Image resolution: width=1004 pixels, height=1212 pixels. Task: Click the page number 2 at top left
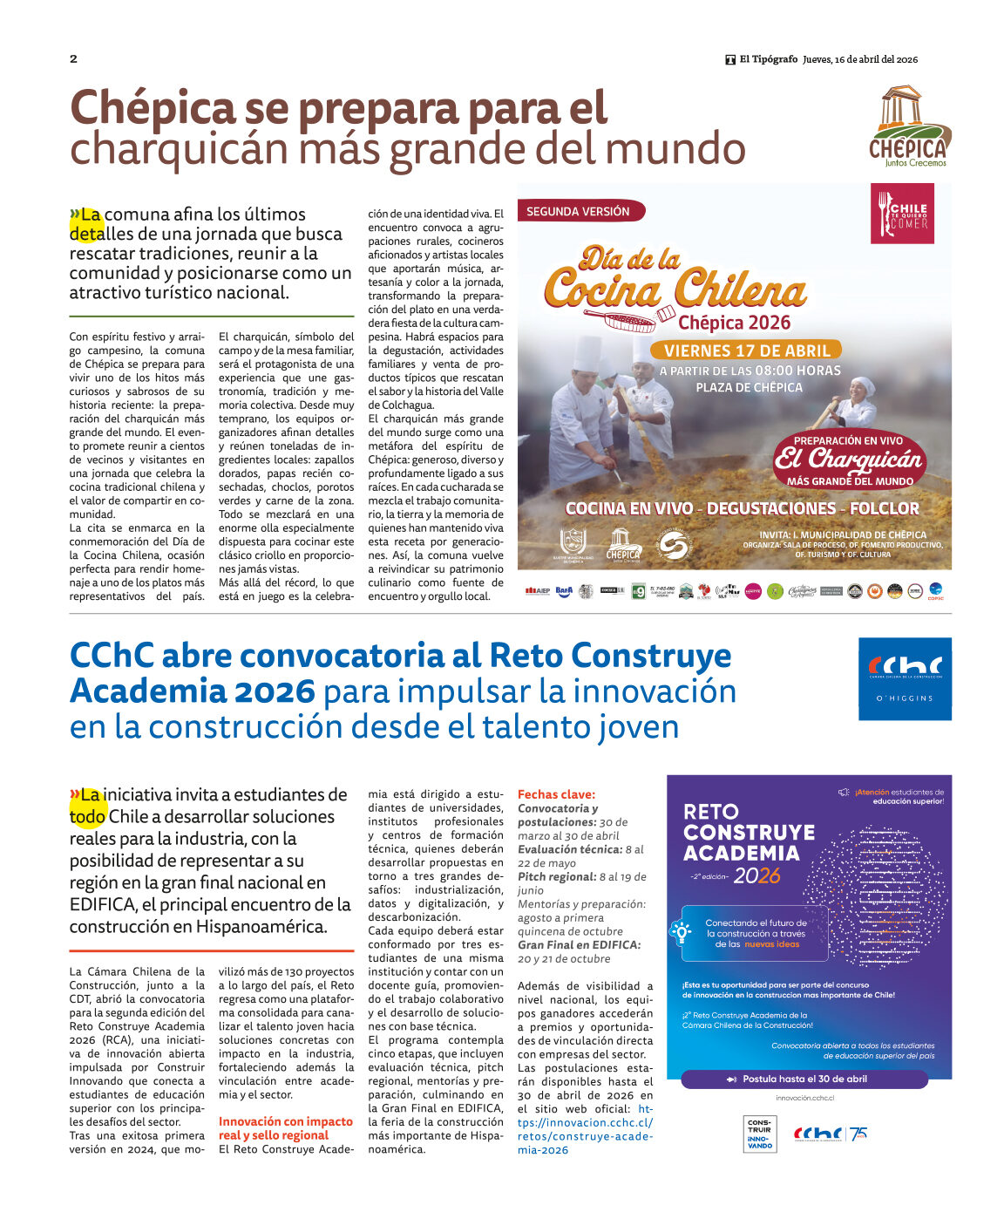pyautogui.click(x=74, y=59)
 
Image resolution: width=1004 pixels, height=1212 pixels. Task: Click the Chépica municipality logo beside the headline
pyautogui.click(x=910, y=126)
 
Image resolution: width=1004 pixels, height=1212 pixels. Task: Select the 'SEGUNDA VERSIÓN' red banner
pyautogui.click(x=579, y=211)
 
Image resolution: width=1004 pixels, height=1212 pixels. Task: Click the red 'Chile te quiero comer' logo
pyautogui.click(x=902, y=214)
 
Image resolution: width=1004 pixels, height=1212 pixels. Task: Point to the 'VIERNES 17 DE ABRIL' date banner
pyautogui.click(x=746, y=351)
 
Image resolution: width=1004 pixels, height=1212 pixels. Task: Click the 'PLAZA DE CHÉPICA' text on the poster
pyautogui.click(x=749, y=387)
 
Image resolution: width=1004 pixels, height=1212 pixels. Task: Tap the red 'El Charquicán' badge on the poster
pyautogui.click(x=849, y=461)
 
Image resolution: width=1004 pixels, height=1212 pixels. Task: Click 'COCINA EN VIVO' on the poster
pyautogui.click(x=629, y=508)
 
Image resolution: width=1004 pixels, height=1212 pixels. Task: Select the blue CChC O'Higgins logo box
pyautogui.click(x=905, y=678)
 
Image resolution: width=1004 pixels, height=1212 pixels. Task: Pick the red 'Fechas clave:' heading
pyautogui.click(x=556, y=794)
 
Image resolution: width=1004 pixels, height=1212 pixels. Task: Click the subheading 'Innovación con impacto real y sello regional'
pyautogui.click(x=286, y=1128)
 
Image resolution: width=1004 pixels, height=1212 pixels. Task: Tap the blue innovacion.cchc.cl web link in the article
pyautogui.click(x=585, y=1129)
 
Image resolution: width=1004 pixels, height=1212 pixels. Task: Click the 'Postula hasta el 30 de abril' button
pyautogui.click(x=804, y=1079)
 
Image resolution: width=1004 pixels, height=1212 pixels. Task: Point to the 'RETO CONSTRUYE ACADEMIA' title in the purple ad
pyautogui.click(x=749, y=833)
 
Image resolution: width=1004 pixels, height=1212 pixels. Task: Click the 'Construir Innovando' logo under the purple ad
pyautogui.click(x=759, y=1134)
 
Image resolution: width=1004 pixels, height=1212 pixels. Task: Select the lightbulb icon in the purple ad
pyautogui.click(x=680, y=931)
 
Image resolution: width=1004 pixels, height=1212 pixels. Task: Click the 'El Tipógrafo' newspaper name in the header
pyautogui.click(x=768, y=59)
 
